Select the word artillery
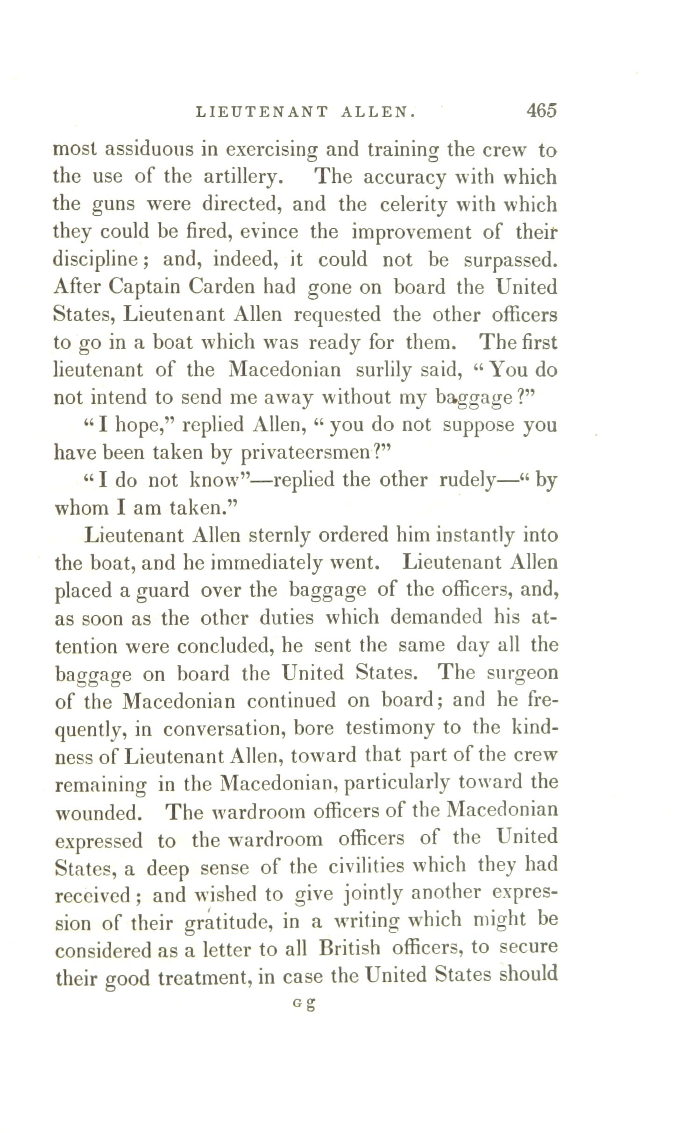click(x=243, y=177)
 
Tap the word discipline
click(x=101, y=260)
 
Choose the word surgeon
click(x=523, y=673)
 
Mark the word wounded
click(x=98, y=812)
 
